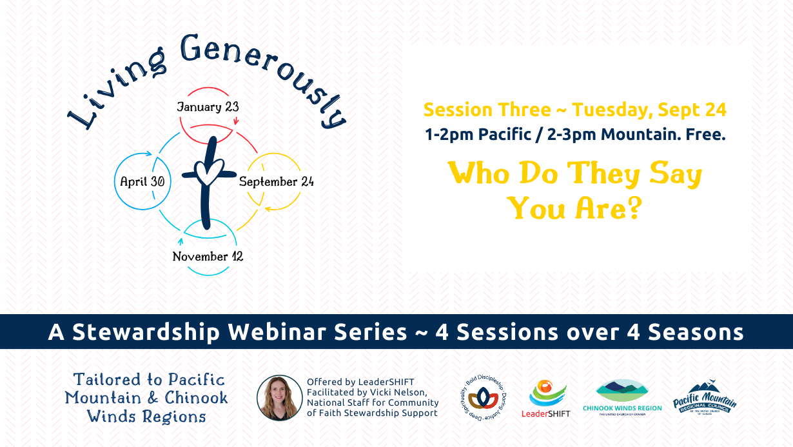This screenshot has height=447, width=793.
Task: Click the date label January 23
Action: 208,106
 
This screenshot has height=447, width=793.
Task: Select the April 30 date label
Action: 142,181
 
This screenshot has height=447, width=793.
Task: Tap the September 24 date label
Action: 277,181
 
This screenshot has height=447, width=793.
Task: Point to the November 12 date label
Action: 208,256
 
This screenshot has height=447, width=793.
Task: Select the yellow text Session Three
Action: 487,110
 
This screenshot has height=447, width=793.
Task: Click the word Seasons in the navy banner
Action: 696,332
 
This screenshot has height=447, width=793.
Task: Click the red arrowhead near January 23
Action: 236,121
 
